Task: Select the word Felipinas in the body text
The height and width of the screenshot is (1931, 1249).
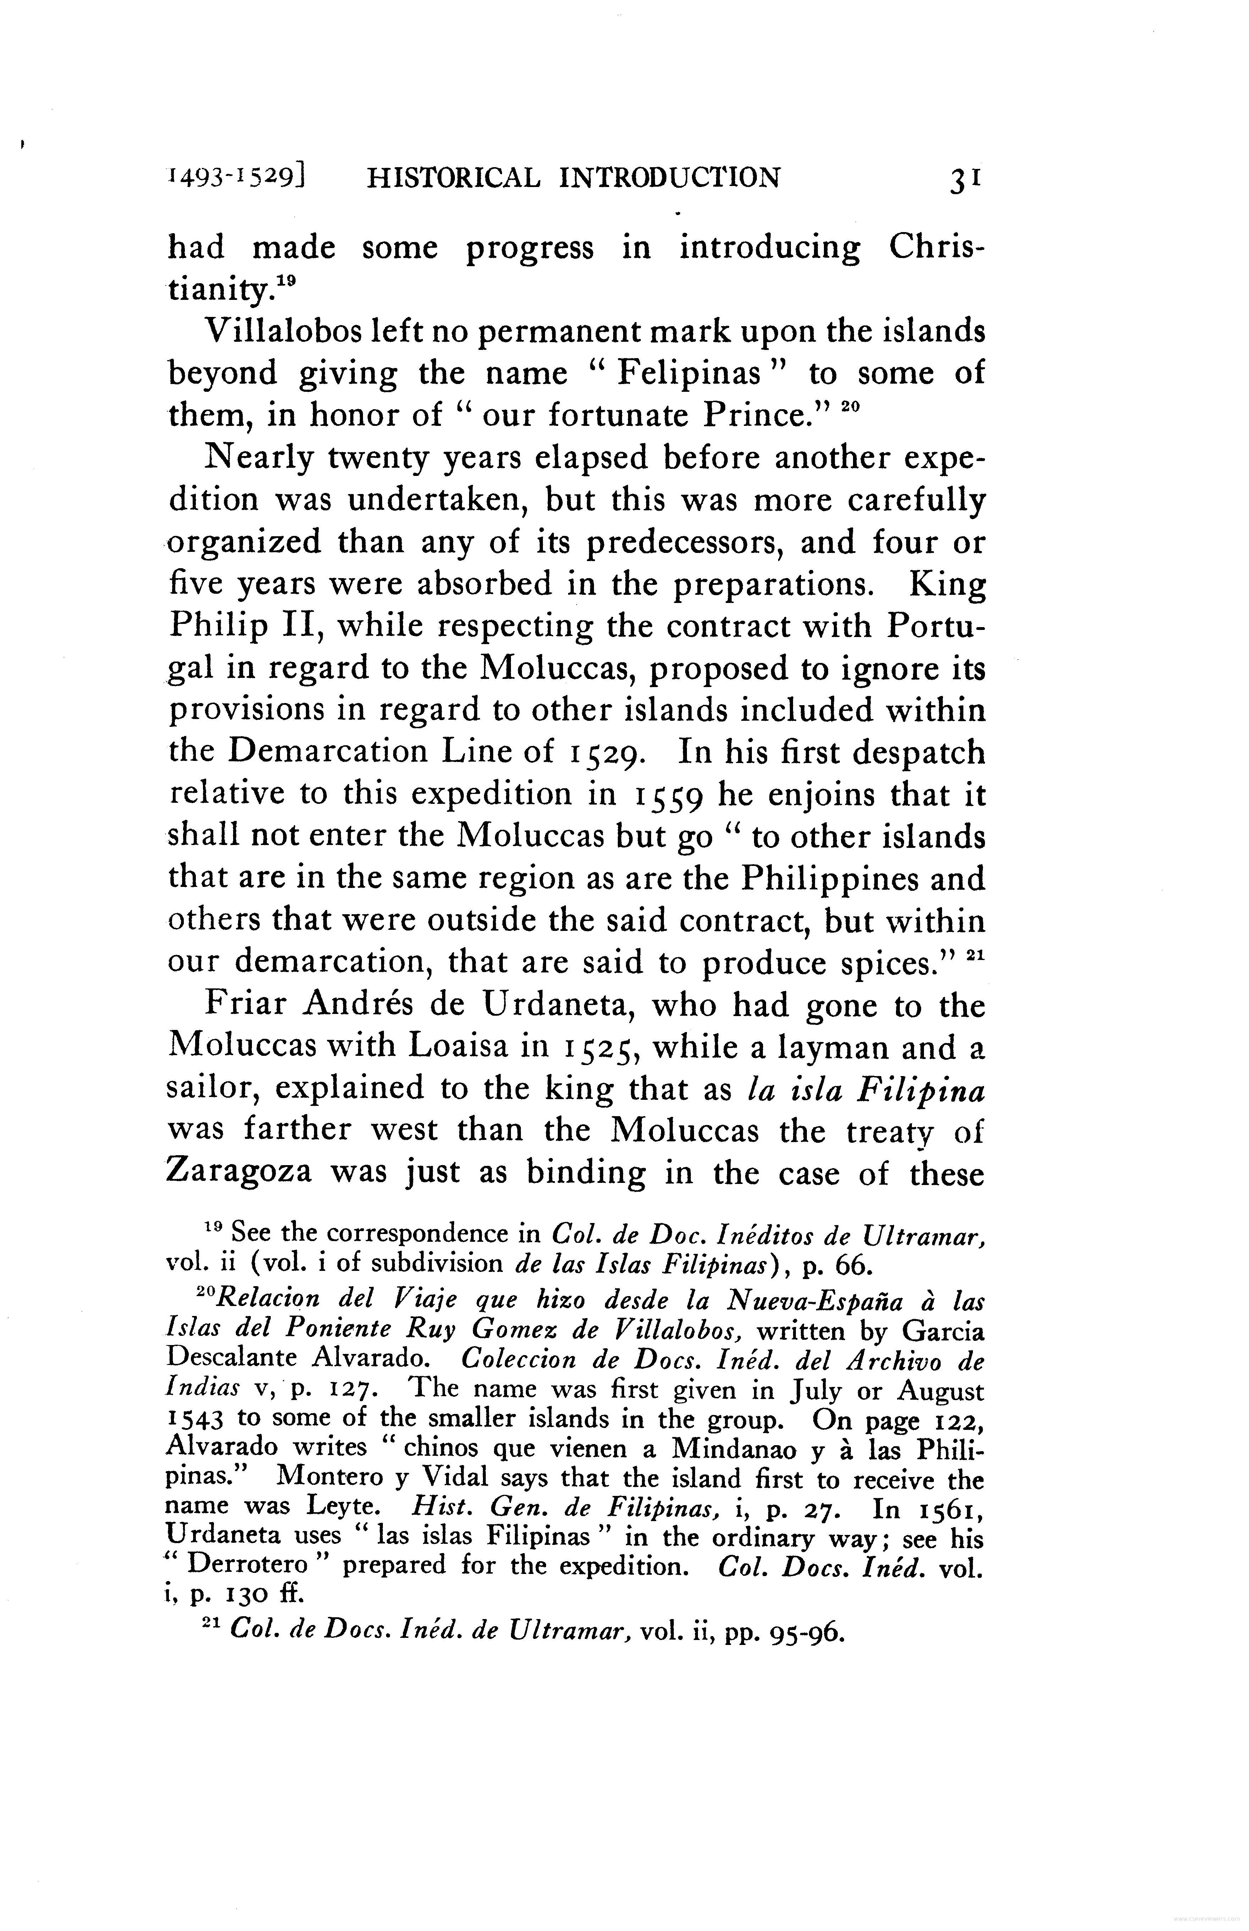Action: pos(688,374)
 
